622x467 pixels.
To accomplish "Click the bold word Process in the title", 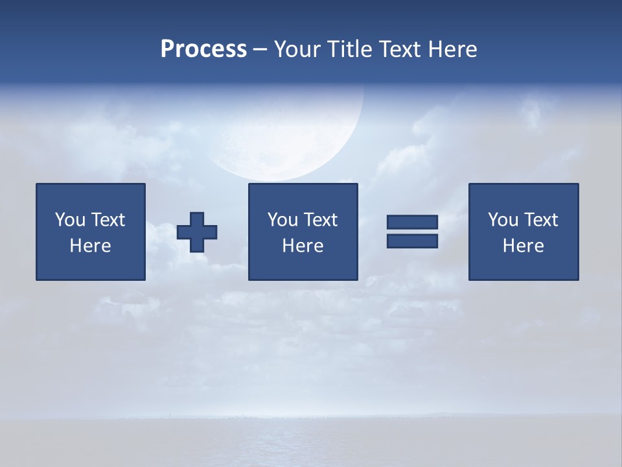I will (x=203, y=49).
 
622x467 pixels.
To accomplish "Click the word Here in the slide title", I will (x=453, y=49).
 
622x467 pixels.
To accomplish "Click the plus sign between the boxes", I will (x=197, y=232).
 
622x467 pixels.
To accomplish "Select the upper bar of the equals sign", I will (x=412, y=222).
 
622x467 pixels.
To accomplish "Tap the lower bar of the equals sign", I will (x=412, y=241).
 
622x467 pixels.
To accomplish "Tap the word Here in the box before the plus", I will (x=91, y=246).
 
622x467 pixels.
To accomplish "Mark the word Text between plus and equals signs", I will (x=323, y=220).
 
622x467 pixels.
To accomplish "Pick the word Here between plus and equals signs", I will (x=303, y=246).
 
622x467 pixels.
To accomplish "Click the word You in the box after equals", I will (x=503, y=220).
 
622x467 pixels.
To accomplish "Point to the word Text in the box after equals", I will (x=543, y=220).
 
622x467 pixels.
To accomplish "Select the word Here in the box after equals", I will (x=524, y=246).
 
